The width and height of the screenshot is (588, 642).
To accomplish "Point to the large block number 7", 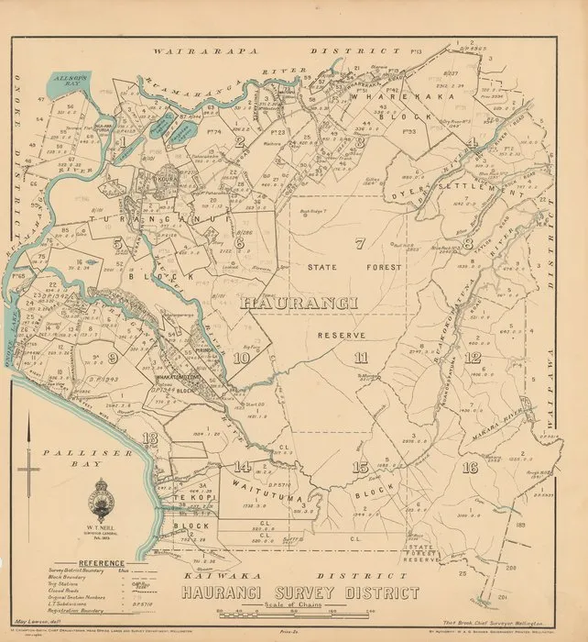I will click(360, 244).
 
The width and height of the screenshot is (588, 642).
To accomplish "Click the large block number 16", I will click(472, 468).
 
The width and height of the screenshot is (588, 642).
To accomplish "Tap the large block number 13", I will click(150, 437).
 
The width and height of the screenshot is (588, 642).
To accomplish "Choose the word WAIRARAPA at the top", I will click(192, 54).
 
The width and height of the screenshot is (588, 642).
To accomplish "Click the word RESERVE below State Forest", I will click(342, 337).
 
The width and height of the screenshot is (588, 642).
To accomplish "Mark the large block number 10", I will click(242, 360).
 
